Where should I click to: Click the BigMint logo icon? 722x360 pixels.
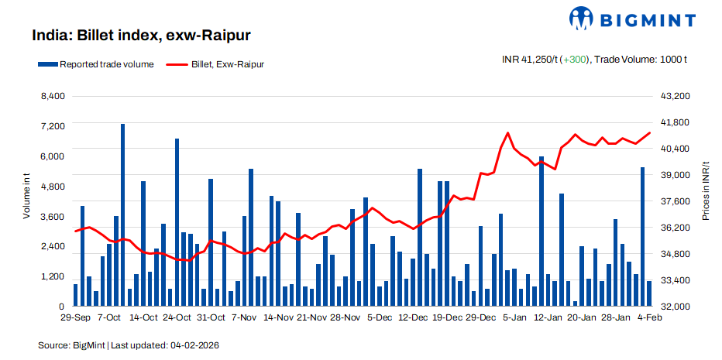(x=582, y=19)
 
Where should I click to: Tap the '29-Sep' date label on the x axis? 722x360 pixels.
(x=76, y=317)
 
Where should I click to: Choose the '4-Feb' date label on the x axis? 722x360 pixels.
(x=648, y=317)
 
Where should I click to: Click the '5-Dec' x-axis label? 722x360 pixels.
(x=380, y=317)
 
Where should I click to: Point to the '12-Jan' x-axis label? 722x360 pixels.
(x=548, y=317)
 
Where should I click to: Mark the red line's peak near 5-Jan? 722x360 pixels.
(x=507, y=133)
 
